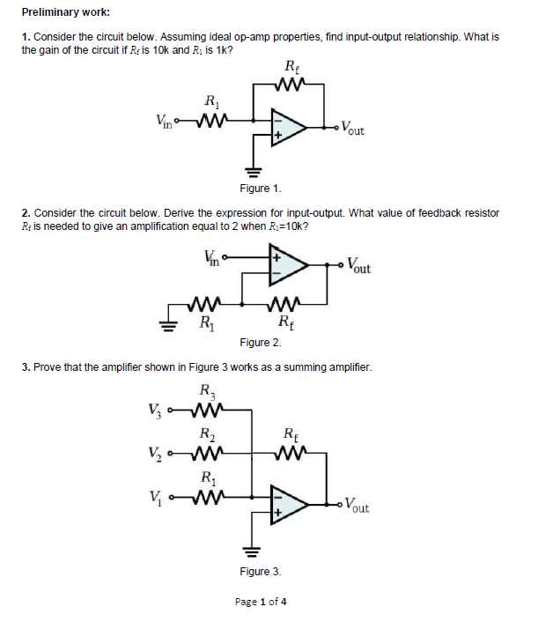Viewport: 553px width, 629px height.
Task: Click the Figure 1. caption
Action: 260,189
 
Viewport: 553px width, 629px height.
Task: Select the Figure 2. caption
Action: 260,342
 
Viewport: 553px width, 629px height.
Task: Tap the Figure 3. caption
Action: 260,572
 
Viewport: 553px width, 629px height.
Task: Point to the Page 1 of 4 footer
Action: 261,602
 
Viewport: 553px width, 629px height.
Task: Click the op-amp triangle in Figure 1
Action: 287,127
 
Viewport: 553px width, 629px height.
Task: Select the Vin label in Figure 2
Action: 210,258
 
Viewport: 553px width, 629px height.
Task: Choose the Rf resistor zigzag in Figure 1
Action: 288,84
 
